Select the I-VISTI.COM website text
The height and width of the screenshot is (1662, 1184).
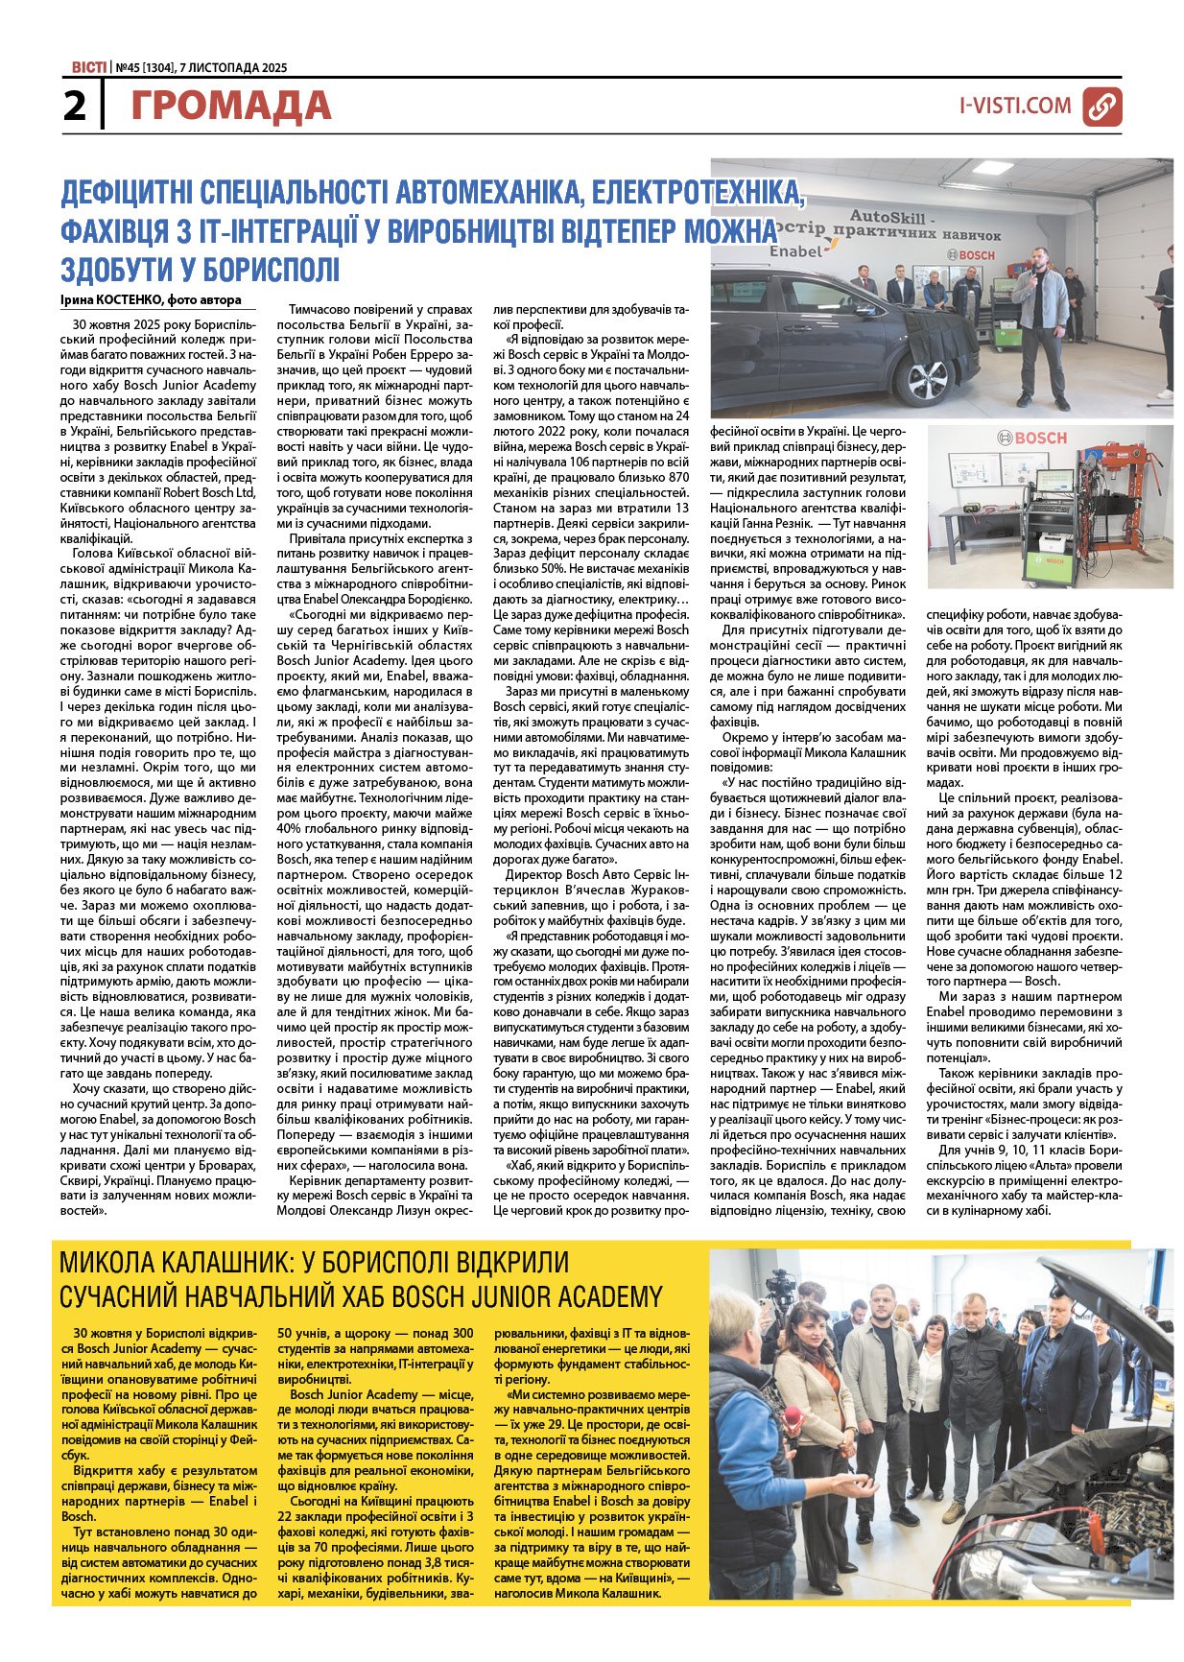1014,106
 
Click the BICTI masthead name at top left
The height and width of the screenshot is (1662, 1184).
88,68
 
